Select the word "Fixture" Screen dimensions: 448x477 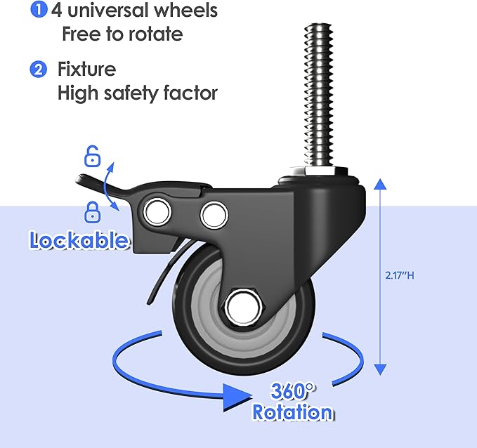(86, 70)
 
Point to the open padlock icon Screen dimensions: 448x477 (91, 155)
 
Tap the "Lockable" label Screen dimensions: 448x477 (79, 240)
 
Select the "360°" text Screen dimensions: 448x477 (288, 390)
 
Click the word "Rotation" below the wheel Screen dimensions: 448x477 (292, 412)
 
